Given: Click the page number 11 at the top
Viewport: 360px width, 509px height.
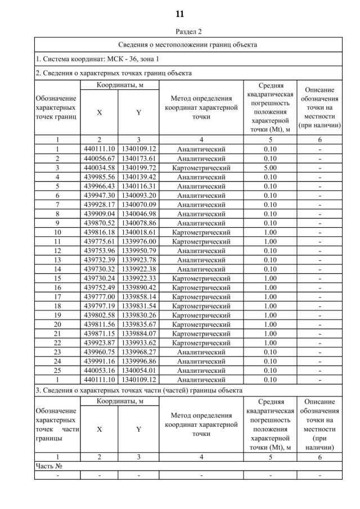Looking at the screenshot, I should click(180, 13).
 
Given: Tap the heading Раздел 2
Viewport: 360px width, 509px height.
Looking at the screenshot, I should click(180, 31).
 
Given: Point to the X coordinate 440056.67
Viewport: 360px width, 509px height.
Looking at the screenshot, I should click(99, 159).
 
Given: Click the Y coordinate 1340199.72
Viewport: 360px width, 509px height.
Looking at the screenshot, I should click(138, 168).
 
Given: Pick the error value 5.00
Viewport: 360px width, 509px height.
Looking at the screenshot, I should click(270, 168).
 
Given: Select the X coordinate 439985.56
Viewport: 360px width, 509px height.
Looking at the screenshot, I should click(99, 177).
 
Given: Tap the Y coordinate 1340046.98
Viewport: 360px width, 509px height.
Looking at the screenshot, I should click(138, 214).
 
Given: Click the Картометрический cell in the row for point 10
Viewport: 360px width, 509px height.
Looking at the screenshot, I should click(201, 232).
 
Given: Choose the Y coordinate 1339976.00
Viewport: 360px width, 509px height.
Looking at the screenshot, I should click(138, 241).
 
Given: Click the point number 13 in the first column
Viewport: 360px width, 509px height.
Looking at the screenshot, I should click(57, 259).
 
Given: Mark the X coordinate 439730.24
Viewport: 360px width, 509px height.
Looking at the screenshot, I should click(99, 278).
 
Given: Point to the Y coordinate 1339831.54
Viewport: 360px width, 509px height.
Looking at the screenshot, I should click(138, 305).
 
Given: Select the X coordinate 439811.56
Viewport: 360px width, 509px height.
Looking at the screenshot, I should click(99, 324).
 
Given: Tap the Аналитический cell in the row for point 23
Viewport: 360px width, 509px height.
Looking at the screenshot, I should click(201, 352).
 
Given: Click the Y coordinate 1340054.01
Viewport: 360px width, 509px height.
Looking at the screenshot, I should click(138, 370).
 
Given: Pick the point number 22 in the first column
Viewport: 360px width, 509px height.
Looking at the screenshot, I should click(57, 343).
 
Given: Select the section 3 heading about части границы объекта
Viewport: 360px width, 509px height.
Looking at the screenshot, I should click(139, 390).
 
